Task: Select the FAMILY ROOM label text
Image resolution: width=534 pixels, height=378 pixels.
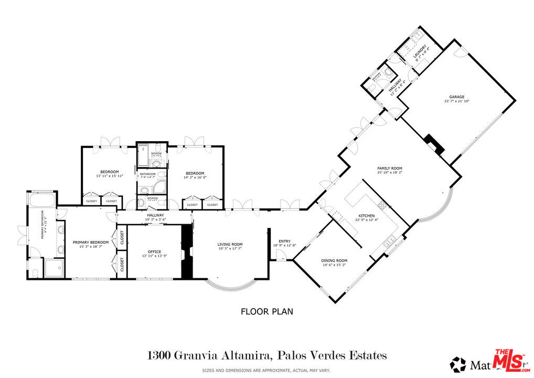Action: [x=389, y=169]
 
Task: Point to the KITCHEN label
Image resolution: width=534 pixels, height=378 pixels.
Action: [x=366, y=216]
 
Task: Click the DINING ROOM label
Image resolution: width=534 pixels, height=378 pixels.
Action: [x=334, y=260]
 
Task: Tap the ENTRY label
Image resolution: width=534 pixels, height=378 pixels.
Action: [x=285, y=241]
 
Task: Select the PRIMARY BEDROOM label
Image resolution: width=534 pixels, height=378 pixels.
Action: [x=91, y=242]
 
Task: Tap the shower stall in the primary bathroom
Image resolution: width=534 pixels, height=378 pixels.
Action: [x=54, y=268]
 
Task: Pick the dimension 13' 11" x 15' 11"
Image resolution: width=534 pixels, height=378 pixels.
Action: [x=109, y=176]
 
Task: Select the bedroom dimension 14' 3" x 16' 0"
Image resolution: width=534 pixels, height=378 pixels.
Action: [x=195, y=177]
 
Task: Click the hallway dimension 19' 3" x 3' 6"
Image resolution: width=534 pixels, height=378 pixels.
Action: [x=155, y=219]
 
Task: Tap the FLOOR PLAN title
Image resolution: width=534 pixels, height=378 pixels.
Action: [x=266, y=311]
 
